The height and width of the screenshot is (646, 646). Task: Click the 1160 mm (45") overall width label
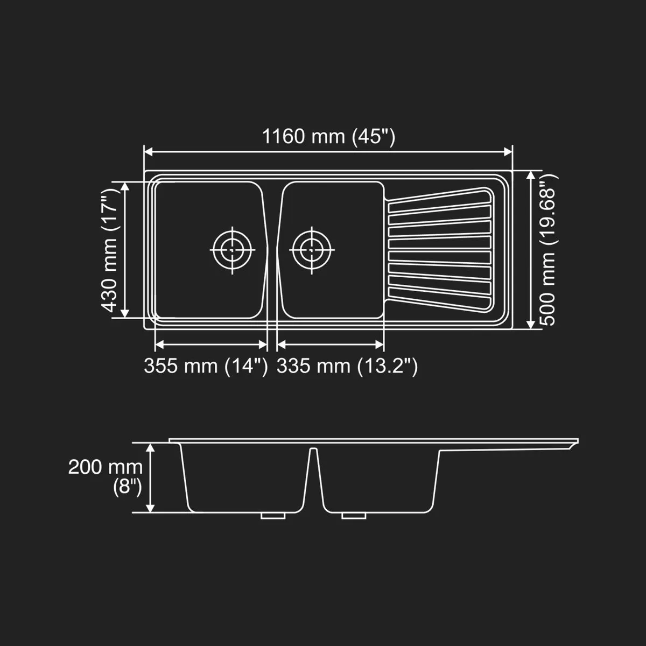328,137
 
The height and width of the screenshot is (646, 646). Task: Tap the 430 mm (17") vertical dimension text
110,250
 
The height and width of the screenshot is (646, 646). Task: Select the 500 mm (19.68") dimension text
548,250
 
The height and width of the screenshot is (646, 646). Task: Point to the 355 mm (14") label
206,366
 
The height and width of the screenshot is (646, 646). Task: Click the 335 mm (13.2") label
347,366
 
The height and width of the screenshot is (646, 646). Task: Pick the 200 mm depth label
106,467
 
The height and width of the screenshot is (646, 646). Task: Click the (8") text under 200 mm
128,487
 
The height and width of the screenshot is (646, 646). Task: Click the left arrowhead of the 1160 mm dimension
148,152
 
